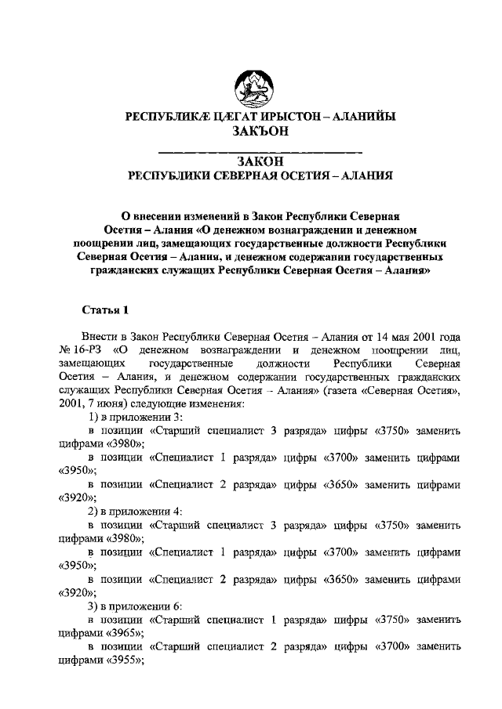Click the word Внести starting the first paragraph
(107, 335)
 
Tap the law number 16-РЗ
(89, 349)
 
